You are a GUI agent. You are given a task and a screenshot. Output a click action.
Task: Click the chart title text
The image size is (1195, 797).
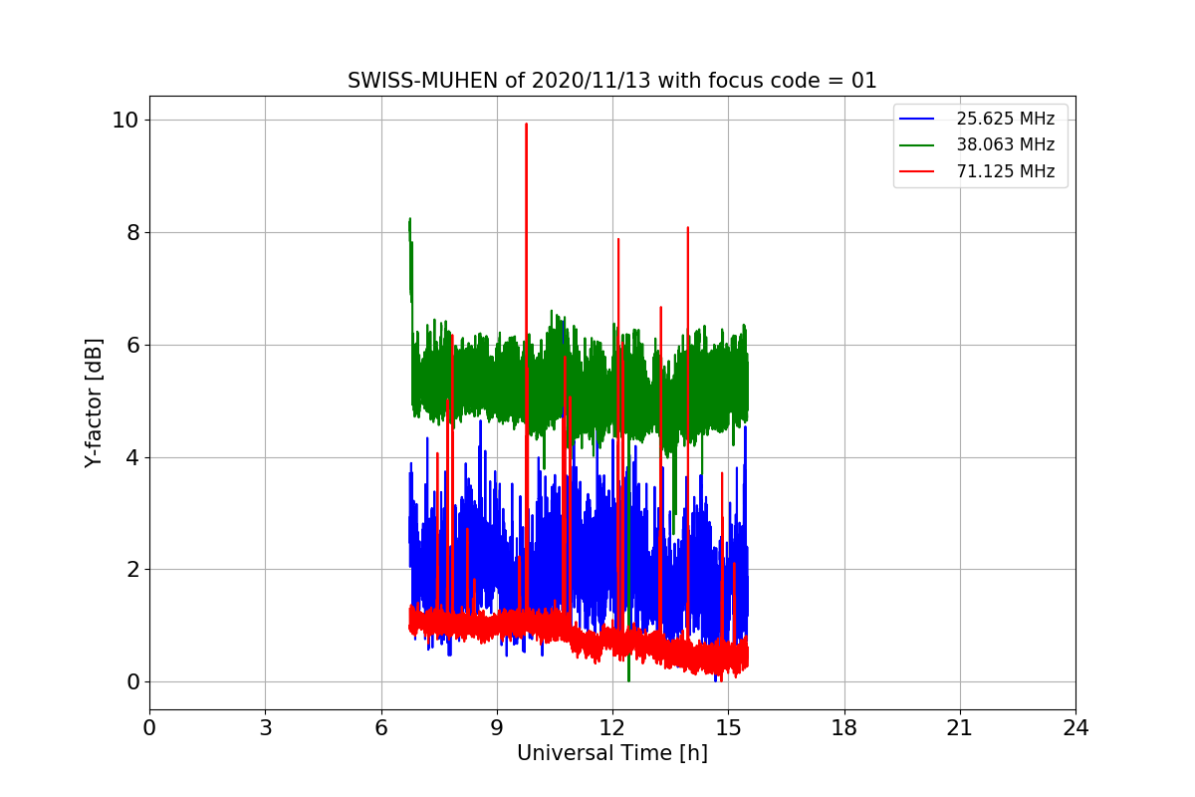coord(611,81)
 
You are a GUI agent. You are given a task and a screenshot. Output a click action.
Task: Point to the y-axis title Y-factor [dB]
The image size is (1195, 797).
coord(94,402)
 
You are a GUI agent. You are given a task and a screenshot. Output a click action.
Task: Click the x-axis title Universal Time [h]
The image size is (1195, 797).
coord(611,753)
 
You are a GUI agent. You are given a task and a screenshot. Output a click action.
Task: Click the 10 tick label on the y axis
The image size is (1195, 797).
coord(123,121)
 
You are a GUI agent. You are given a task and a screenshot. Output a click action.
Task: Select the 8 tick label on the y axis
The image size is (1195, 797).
coord(130,232)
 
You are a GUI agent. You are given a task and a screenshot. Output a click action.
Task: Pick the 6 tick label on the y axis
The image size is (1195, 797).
coord(130,345)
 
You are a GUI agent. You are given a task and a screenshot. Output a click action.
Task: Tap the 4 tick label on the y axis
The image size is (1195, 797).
coord(130,457)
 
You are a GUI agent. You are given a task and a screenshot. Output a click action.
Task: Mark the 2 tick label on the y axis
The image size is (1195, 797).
coord(130,570)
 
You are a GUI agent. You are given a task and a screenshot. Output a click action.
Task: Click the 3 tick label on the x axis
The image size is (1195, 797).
coord(265,728)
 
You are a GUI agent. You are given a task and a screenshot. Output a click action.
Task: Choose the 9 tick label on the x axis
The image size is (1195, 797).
coord(497,728)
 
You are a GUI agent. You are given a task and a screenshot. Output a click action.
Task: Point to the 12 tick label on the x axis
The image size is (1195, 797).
coord(611,728)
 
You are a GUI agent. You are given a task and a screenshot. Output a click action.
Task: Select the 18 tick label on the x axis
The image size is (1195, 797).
coord(843,728)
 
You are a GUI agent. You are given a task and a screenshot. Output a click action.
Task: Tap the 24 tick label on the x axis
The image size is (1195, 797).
coord(1075,728)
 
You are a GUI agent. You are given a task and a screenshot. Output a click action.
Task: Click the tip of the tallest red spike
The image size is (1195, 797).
coord(526,124)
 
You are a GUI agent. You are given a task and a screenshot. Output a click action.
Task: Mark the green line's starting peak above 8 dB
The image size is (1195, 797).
coord(409,218)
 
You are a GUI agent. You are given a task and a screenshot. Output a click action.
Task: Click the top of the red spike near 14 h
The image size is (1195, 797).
coord(687,227)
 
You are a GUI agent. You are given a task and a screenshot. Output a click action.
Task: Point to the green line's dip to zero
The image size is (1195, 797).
coord(628,680)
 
